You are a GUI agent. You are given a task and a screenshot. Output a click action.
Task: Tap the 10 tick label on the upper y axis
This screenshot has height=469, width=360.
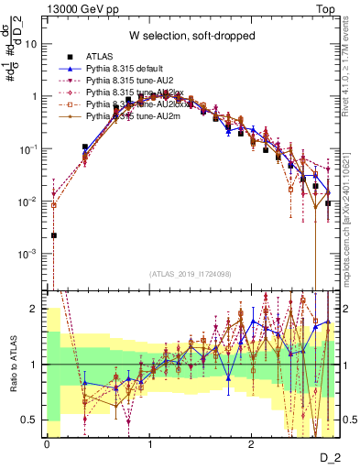(x=30, y=43)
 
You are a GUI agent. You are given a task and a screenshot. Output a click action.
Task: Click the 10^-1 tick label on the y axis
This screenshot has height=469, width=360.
(x=27, y=148)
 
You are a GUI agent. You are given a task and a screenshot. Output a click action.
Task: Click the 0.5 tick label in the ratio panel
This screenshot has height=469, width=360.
(x=29, y=420)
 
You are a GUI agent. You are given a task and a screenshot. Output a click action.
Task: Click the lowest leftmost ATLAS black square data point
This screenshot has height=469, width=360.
(x=54, y=235)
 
